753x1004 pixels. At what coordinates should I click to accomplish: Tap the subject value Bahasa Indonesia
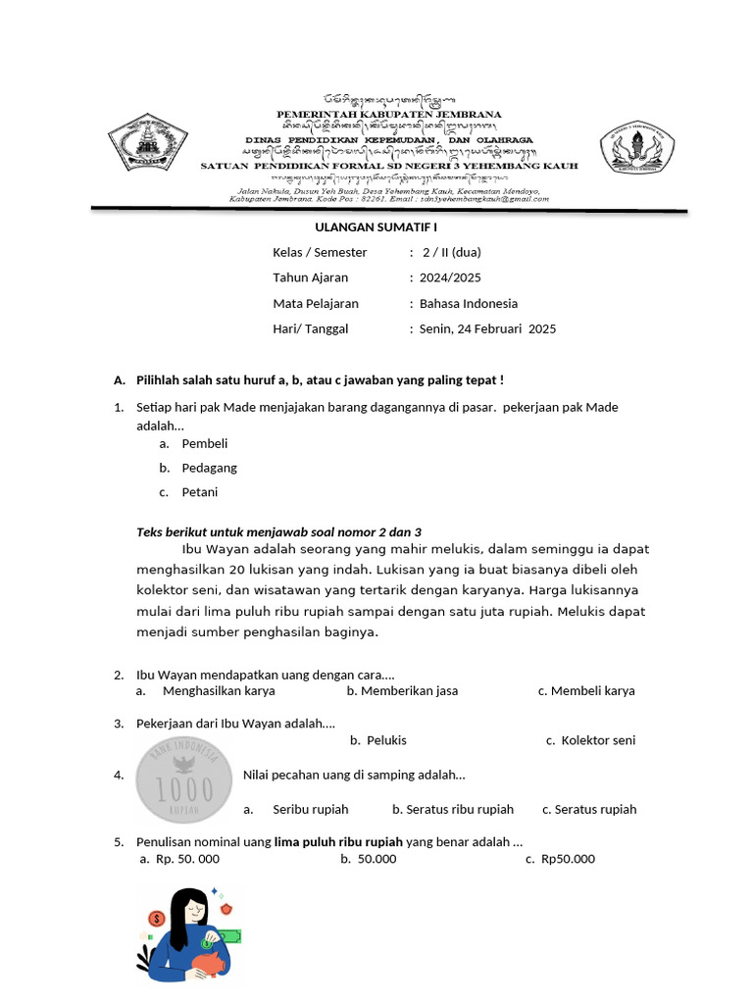(468, 303)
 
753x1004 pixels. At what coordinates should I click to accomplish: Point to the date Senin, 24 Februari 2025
(486, 328)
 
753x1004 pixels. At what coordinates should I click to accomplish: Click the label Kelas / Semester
(320, 252)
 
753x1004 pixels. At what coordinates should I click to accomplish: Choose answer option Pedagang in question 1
(209, 468)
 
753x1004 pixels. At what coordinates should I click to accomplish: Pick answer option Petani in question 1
(199, 492)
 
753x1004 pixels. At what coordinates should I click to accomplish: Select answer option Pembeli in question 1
(204, 443)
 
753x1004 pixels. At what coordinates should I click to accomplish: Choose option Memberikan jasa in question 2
(408, 690)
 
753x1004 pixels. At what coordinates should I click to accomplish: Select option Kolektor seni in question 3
(598, 740)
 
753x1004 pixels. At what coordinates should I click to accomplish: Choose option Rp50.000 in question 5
(568, 859)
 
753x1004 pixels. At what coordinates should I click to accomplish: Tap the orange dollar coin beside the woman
(156, 919)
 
